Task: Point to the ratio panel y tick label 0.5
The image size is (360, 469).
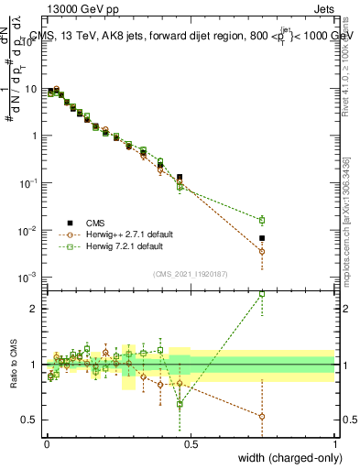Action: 29,420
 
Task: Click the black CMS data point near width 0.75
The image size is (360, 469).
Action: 262,238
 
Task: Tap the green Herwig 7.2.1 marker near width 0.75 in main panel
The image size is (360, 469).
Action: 262,220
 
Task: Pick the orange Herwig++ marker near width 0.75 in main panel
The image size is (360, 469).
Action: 262,251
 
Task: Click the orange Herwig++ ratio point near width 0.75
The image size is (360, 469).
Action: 262,417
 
